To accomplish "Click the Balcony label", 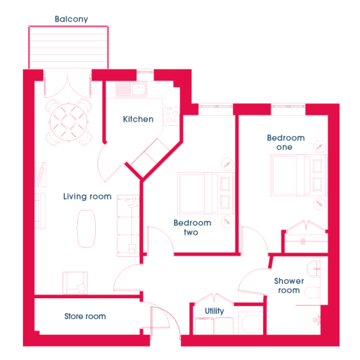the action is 71,19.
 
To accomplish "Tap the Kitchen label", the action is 138,120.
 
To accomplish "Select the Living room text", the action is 87,197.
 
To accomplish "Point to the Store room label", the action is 85,316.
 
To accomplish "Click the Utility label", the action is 215,311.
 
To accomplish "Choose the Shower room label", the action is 289,286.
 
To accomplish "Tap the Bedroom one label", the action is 286,143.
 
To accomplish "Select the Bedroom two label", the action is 192,228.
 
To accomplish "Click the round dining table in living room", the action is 68,122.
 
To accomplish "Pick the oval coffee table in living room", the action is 86,229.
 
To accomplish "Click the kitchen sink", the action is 131,89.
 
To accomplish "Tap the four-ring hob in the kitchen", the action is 172,117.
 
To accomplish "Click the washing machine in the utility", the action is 251,323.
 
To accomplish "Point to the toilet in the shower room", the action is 312,292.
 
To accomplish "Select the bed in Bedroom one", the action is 298,175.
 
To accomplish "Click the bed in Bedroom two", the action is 205,193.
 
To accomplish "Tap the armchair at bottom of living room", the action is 75,283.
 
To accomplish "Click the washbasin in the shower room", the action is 314,269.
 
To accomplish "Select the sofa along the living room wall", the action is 128,226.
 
